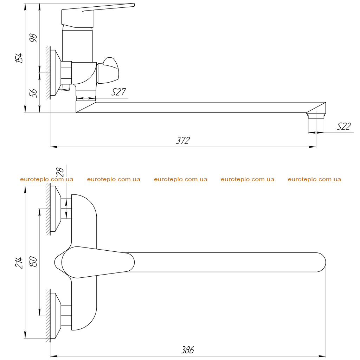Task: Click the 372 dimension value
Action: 183,140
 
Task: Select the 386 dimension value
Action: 187,350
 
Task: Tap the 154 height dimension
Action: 19,58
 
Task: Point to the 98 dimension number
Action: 33,38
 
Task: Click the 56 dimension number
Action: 33,93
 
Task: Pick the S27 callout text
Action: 118,92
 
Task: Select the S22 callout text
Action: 344,126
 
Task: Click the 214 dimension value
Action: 19,263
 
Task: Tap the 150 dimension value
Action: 33,262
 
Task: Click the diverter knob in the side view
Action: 108,70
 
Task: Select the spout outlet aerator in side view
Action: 316,115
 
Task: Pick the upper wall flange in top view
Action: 56,209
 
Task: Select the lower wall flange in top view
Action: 56,316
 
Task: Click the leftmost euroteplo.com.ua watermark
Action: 47,179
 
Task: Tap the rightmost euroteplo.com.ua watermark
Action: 314,179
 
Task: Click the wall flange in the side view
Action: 56,73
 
